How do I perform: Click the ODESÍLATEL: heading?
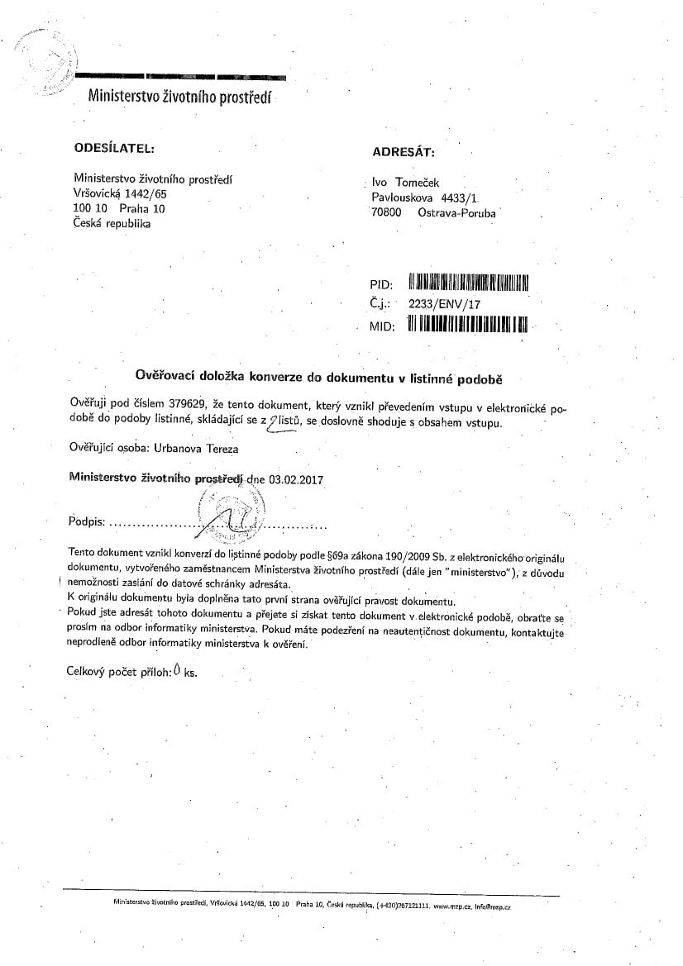tap(114, 148)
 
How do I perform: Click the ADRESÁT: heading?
tap(403, 151)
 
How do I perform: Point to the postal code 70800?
tap(387, 212)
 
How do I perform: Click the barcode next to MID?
tap(467, 324)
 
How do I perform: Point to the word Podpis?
tap(86, 523)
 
